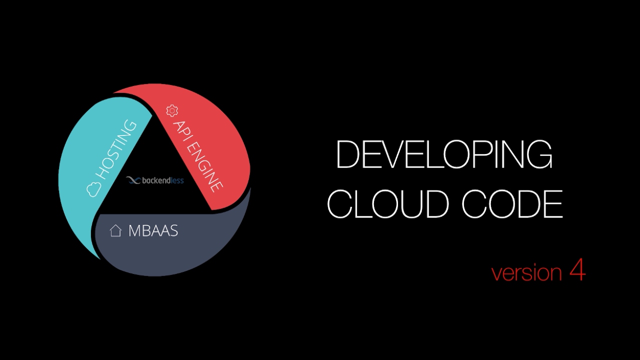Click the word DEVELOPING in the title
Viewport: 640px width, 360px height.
444,155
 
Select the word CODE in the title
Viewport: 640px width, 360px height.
512,204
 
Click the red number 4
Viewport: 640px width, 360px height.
577,271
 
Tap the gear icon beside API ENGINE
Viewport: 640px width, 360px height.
172,110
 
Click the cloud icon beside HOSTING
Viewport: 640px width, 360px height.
94,189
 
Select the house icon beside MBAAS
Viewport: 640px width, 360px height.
115,230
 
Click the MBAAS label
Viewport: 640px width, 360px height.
153,230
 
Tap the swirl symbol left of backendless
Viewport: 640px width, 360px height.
133,180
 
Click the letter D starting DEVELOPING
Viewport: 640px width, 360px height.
348,155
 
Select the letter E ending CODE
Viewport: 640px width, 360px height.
554,204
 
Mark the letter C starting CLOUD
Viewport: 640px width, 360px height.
340,204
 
